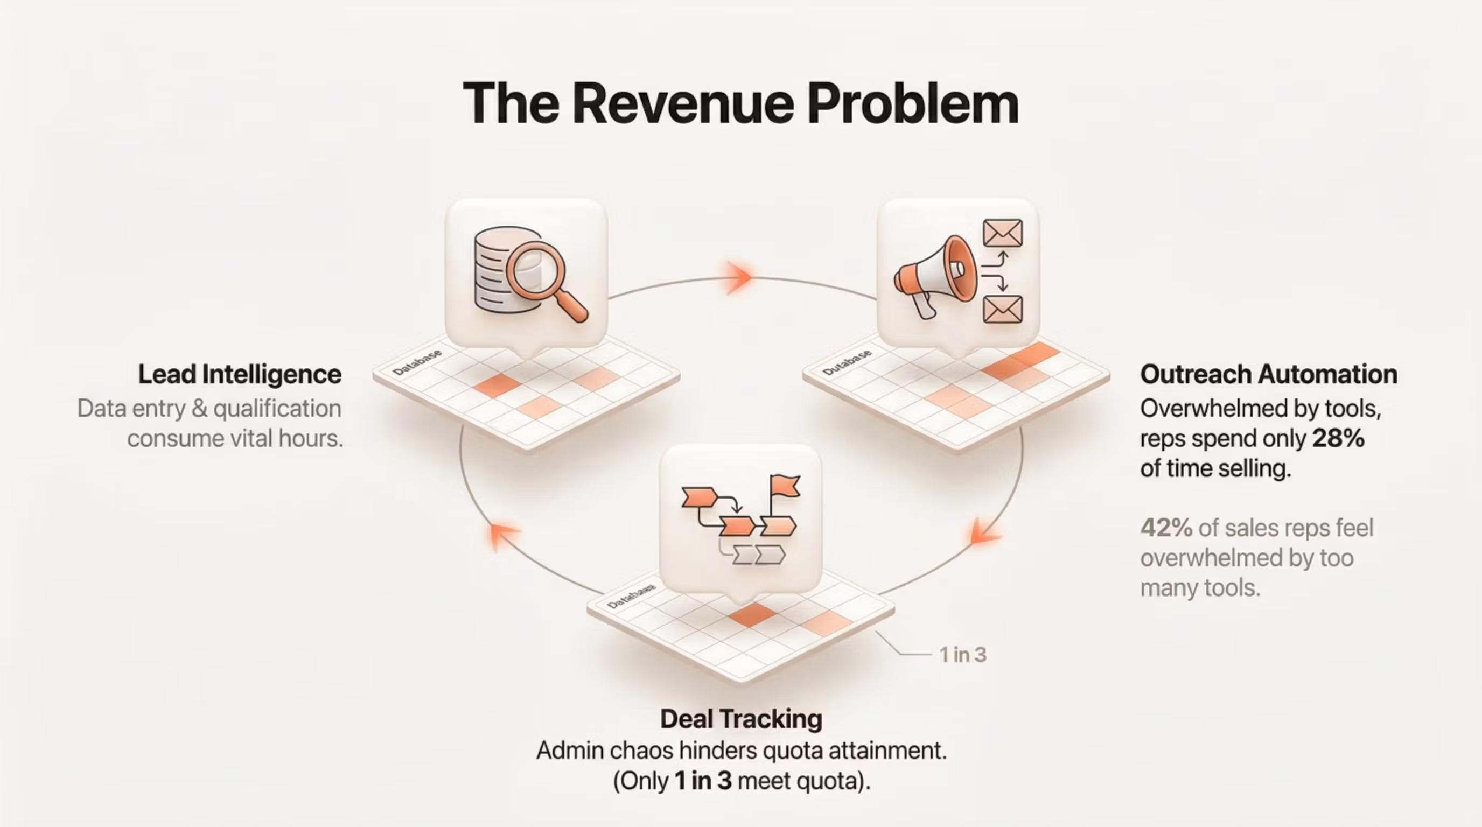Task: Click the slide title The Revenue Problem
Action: click(740, 103)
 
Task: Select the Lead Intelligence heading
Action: click(240, 374)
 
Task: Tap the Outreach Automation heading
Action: click(1269, 374)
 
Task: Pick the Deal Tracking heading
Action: click(741, 719)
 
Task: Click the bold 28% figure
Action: click(1338, 439)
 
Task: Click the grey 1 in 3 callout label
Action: click(962, 655)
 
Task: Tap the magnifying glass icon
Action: click(547, 280)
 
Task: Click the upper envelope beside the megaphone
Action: click(1003, 233)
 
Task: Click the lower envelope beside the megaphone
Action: click(1003, 309)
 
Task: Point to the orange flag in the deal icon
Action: click(784, 487)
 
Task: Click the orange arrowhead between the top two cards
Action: click(739, 277)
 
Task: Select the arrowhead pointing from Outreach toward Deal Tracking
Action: click(985, 531)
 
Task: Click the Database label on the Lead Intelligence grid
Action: click(417, 362)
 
